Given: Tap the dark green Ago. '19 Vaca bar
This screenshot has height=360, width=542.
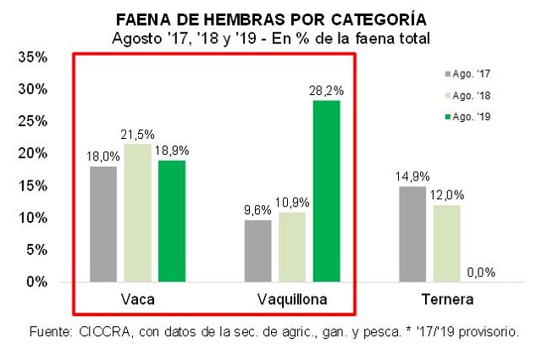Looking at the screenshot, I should point(171,221).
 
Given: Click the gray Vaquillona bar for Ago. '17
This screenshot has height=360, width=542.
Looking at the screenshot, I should point(257,251).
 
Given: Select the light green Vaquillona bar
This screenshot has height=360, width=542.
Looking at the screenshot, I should point(291,246).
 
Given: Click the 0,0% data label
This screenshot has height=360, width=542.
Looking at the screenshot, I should point(480,273).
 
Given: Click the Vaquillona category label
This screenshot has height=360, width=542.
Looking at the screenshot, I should point(291,300).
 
